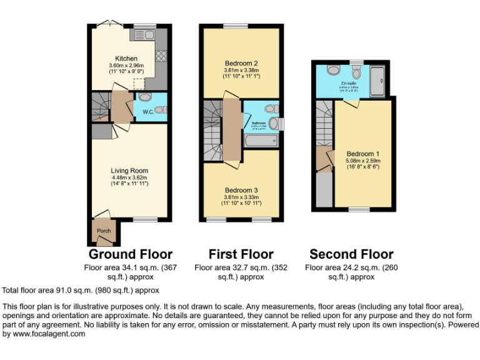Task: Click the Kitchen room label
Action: (x=126, y=59)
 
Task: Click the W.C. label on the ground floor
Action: (x=148, y=112)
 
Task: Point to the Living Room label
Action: (x=129, y=171)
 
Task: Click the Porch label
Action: (x=104, y=231)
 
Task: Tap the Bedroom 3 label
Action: (x=241, y=190)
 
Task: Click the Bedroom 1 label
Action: (x=362, y=154)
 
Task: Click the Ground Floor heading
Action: (x=130, y=254)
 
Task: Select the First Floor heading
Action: (x=241, y=254)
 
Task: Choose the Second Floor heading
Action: (x=351, y=254)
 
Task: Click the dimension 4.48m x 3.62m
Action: (x=129, y=177)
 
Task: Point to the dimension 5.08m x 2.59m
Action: (x=362, y=161)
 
